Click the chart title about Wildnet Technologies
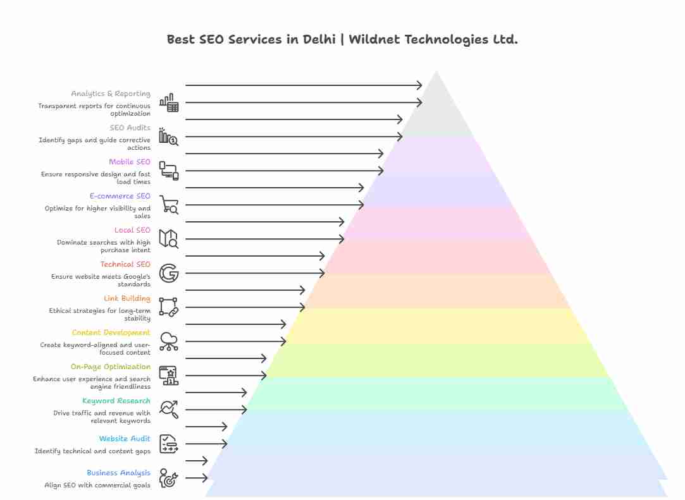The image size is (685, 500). (342, 39)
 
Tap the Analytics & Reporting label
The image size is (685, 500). (111, 94)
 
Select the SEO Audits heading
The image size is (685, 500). (130, 128)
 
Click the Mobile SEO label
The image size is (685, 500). (130, 162)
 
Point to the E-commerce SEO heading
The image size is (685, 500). (120, 196)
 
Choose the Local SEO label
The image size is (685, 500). (132, 230)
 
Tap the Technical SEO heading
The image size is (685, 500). (125, 264)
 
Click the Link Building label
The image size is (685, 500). (127, 298)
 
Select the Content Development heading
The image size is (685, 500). (111, 332)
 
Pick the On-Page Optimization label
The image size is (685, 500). (111, 367)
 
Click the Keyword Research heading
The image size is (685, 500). (116, 401)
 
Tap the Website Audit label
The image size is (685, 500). (125, 439)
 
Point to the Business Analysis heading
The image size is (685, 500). (119, 473)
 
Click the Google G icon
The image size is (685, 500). (169, 273)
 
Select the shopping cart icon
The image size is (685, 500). (169, 205)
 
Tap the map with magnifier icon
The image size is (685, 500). (169, 239)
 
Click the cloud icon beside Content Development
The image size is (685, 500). (169, 341)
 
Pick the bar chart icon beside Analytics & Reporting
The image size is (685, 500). (169, 102)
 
